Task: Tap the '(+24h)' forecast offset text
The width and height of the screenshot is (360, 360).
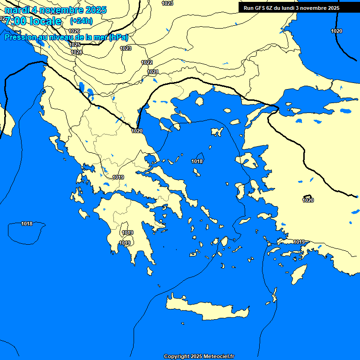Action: (x=81, y=21)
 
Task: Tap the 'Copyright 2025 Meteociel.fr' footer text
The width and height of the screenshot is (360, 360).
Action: (x=199, y=356)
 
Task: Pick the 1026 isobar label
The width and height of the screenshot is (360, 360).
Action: (x=74, y=31)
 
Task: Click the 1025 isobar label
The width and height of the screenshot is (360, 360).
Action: (x=75, y=45)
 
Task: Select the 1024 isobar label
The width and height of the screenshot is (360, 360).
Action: (x=77, y=52)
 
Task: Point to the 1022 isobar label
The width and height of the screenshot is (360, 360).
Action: (x=147, y=62)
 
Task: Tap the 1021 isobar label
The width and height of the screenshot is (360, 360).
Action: (x=153, y=72)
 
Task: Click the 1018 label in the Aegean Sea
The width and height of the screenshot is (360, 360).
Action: (x=197, y=161)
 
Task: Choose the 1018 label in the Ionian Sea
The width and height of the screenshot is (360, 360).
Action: (x=27, y=224)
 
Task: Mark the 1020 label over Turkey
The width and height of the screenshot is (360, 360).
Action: (x=308, y=200)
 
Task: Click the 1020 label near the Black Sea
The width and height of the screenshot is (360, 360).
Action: (x=337, y=31)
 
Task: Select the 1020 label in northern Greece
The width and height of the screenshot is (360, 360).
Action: (x=137, y=131)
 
